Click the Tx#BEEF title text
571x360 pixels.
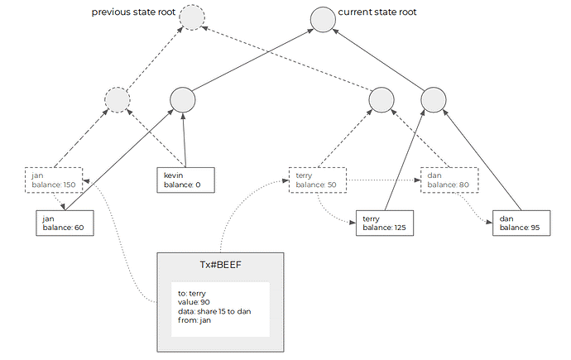coord(220,265)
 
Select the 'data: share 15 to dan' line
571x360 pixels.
coord(214,311)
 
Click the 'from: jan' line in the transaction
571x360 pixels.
coord(194,320)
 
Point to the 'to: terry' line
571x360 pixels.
coord(192,294)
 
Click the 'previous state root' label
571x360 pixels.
coord(133,12)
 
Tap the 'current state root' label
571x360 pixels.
coord(377,12)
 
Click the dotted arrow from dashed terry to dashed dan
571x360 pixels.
coord(383,180)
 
